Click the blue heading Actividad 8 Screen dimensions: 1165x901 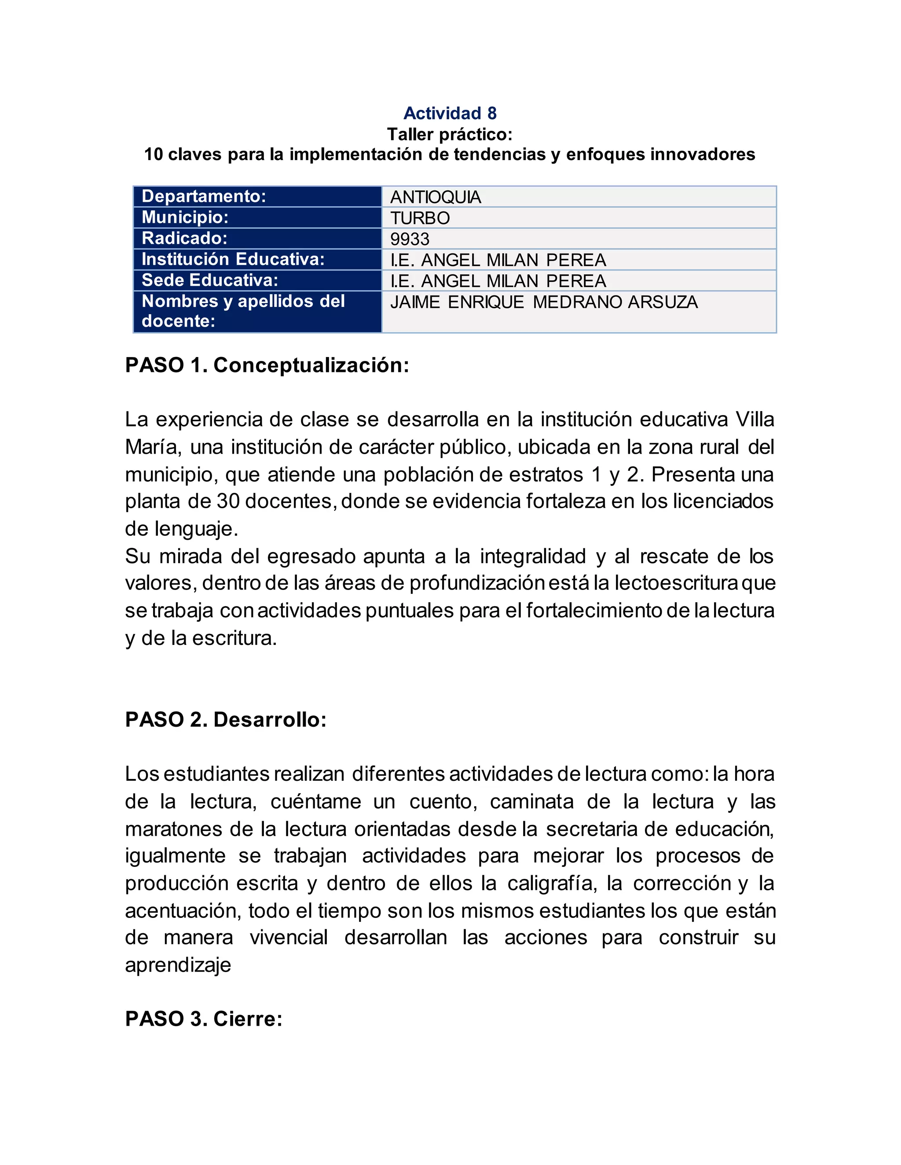[450, 113]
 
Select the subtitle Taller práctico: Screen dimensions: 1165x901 [450, 134]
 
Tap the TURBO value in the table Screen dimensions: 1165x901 [420, 218]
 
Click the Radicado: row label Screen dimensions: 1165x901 [185, 238]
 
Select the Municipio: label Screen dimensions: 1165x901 [185, 217]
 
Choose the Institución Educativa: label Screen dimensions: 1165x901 [233, 259]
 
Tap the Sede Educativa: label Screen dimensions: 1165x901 [210, 280]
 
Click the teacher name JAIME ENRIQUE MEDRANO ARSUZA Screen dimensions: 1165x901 [544, 302]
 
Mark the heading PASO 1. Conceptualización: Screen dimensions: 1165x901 [267, 365]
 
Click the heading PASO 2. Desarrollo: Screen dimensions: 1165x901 [226, 720]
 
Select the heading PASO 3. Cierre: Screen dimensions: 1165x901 [203, 1019]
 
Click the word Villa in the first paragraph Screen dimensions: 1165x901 [755, 420]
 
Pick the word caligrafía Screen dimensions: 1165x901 [551, 883]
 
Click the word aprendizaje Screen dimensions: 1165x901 [178, 965]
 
